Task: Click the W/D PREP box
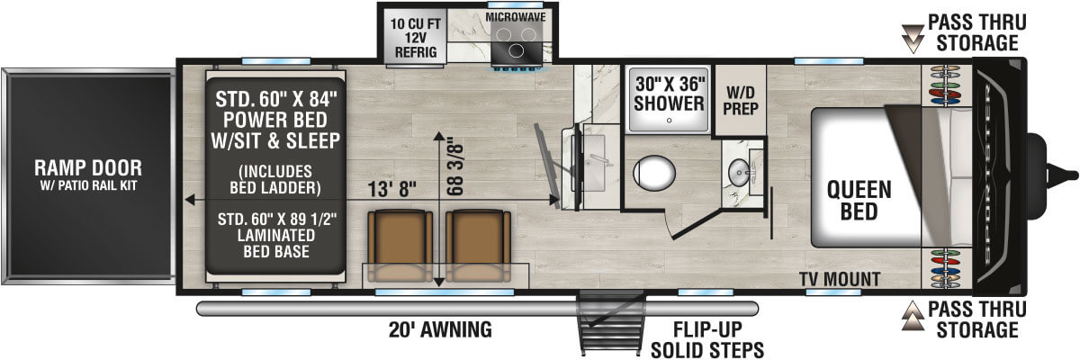point(739,101)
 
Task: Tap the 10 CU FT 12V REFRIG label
point(415,36)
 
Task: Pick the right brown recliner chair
point(477,246)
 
